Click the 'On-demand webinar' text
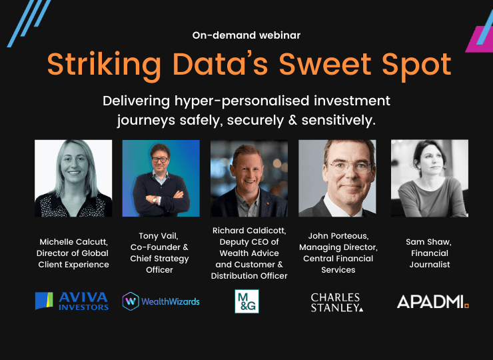246,35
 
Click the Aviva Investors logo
72,301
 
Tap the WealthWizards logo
161,301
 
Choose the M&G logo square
246,301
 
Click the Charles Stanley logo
337,301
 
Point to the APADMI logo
433,301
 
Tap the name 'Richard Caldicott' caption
250,231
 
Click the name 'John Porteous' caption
338,236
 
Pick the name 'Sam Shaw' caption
430,242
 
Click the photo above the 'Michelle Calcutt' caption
73,178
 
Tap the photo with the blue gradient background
161,178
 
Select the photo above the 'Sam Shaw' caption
430,178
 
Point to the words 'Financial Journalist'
430,259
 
